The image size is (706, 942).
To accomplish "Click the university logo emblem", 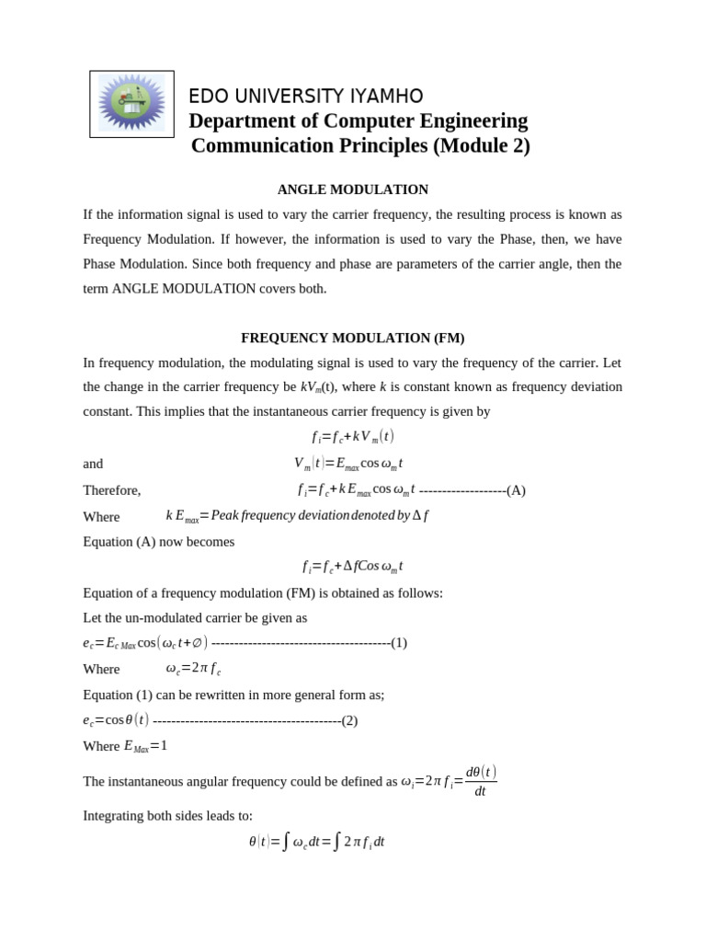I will pos(131,104).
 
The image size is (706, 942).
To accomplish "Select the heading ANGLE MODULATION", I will pos(353,190).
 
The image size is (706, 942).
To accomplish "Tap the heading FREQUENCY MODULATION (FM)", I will pos(353,338).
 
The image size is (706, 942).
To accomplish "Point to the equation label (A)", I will pos(516,490).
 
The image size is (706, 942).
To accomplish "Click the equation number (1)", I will pos(399,642).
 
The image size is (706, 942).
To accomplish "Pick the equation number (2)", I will pos(349,720).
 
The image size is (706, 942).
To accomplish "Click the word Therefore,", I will pos(112,490).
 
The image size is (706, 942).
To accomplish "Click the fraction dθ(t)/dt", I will pos(481,781).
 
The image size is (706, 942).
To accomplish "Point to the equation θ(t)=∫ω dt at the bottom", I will pos(316,842).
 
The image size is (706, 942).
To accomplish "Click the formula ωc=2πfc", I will pos(193,669).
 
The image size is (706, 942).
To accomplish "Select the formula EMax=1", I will pos(145,746).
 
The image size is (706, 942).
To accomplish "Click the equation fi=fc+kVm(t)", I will pos(353,437).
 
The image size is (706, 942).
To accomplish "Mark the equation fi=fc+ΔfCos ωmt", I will pos(353,567).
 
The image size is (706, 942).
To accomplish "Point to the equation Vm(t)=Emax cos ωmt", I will pos(348,464).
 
